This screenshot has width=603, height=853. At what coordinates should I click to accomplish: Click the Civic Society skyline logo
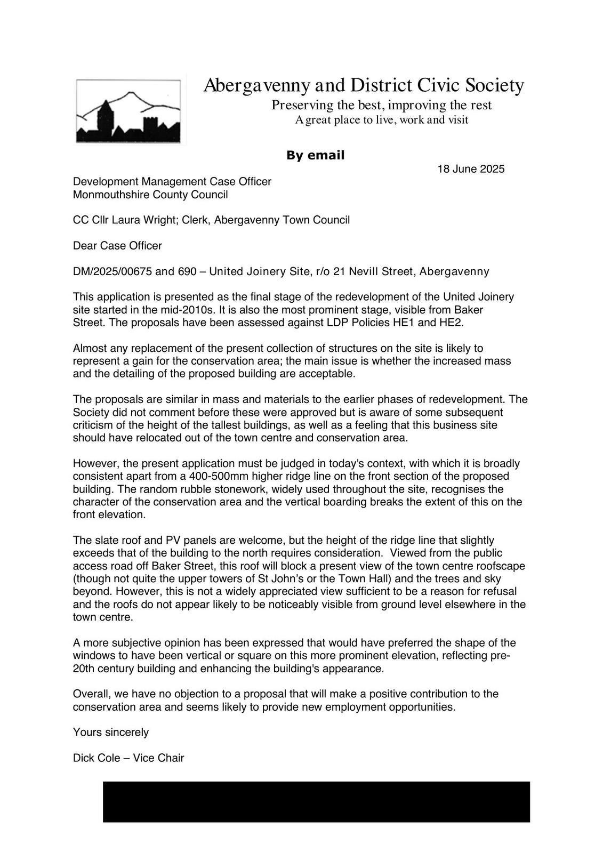coord(128,111)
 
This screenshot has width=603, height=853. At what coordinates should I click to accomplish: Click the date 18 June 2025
coord(471,170)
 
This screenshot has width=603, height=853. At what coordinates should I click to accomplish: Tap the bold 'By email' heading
coord(315,156)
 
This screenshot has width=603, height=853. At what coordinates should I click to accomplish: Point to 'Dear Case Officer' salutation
coord(117,246)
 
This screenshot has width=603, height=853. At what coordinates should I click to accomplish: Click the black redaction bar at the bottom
coord(316,802)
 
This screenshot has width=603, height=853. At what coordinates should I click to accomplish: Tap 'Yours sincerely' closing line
coord(111,733)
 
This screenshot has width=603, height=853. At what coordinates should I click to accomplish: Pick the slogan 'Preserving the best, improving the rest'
coord(381,105)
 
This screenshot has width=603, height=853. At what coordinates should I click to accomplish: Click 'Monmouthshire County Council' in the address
coord(150,195)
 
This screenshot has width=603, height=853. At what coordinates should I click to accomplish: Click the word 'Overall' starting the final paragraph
coord(91,694)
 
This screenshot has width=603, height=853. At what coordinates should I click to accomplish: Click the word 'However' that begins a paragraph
coord(94,464)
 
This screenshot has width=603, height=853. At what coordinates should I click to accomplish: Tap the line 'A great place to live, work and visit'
coord(381,120)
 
